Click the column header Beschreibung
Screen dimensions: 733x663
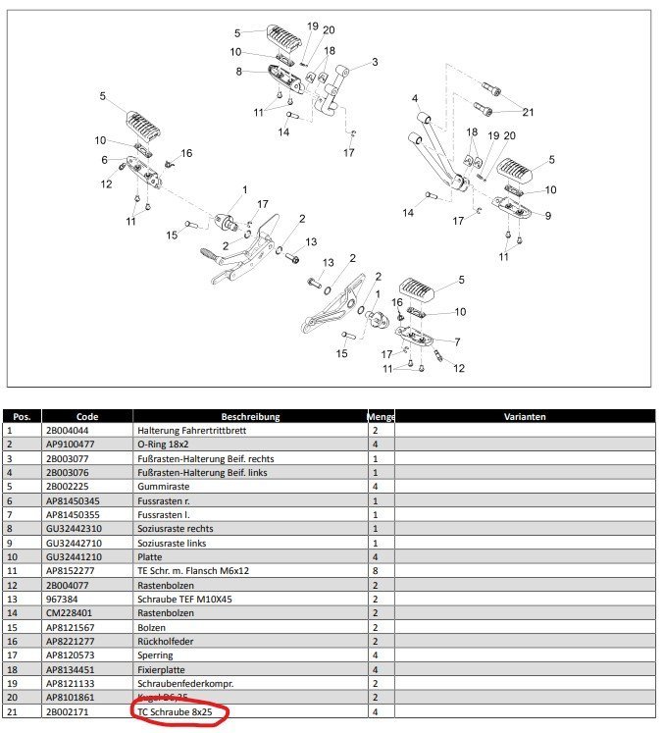click(x=251, y=416)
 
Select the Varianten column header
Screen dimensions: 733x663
click(x=525, y=416)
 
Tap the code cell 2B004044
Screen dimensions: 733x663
click(x=66, y=430)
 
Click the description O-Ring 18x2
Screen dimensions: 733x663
click(x=163, y=444)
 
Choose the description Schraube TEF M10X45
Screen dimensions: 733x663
click(x=185, y=599)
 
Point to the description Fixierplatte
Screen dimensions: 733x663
click(x=164, y=668)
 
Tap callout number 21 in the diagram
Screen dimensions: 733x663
click(x=528, y=111)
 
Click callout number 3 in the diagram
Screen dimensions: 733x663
click(x=374, y=62)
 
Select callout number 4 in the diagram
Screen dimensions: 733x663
click(x=415, y=98)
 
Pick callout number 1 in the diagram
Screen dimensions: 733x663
click(x=244, y=188)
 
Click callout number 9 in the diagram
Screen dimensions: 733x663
click(x=547, y=216)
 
